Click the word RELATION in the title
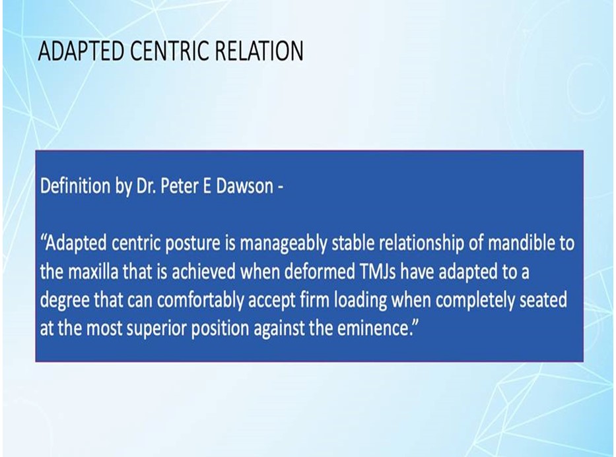click(259, 51)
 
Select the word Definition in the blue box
click(75, 186)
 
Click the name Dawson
click(245, 186)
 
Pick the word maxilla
click(93, 272)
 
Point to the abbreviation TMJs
click(378, 272)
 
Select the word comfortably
click(201, 301)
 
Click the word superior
click(156, 328)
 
